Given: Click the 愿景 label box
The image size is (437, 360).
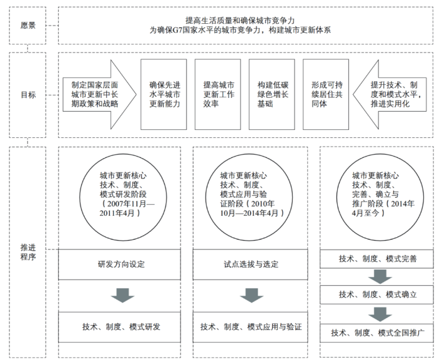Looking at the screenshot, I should pyautogui.click(x=28, y=26).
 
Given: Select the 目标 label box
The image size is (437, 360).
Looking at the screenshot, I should pyautogui.click(x=28, y=95).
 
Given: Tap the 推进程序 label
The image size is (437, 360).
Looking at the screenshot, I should pyautogui.click(x=28, y=253).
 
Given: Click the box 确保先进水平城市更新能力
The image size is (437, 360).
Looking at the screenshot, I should pyautogui.click(x=164, y=94).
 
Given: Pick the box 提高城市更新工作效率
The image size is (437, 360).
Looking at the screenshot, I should pyautogui.click(x=219, y=94).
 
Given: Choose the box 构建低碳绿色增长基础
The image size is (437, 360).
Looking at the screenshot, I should pyautogui.click(x=273, y=94).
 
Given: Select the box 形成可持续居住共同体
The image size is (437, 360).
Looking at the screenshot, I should pyautogui.click(x=327, y=94).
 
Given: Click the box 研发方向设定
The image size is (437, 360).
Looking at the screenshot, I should pyautogui.click(x=120, y=264).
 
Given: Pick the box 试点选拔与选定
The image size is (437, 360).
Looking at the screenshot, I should pyautogui.click(x=250, y=264).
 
